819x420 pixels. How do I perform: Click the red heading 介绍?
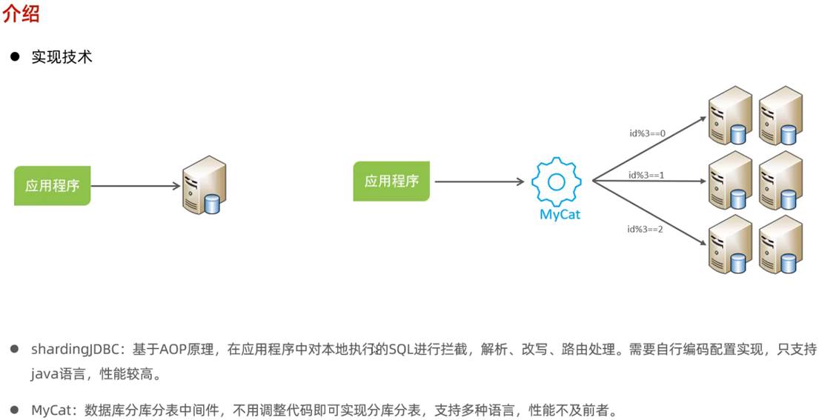click(21, 14)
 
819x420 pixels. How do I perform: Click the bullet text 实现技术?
click(62, 57)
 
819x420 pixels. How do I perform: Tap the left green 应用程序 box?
click(52, 186)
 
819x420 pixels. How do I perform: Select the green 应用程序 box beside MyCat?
click(391, 181)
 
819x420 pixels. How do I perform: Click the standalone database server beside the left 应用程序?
click(205, 184)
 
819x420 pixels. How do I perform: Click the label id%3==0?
click(646, 134)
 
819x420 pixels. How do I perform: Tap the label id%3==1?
click(646, 176)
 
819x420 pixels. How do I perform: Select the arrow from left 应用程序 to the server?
click(135, 186)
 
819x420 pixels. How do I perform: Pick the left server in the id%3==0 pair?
click(726, 116)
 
